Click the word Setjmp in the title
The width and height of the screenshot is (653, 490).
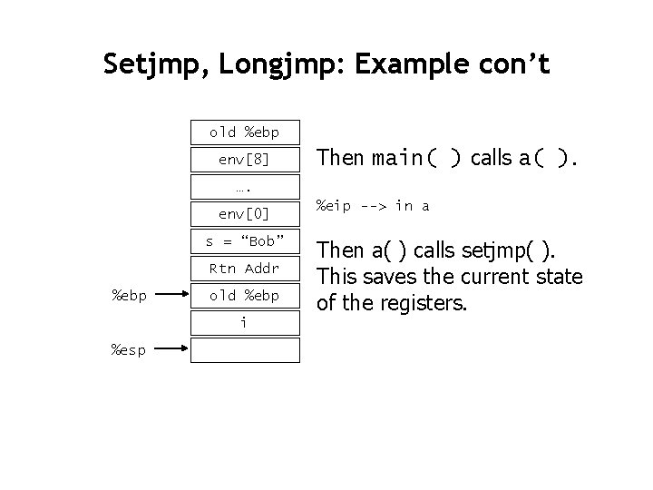144,64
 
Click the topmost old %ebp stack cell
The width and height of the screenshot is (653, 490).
244,132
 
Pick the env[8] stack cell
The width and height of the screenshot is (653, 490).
244,160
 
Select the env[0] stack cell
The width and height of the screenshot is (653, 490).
244,214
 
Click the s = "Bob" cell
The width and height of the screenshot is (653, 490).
244,241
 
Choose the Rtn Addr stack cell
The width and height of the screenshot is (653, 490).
244,269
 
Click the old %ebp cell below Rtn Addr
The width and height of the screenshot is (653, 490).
244,296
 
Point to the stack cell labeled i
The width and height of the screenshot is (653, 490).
244,322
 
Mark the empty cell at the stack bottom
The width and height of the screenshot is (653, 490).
244,349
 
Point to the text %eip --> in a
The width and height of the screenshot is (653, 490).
372,206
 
